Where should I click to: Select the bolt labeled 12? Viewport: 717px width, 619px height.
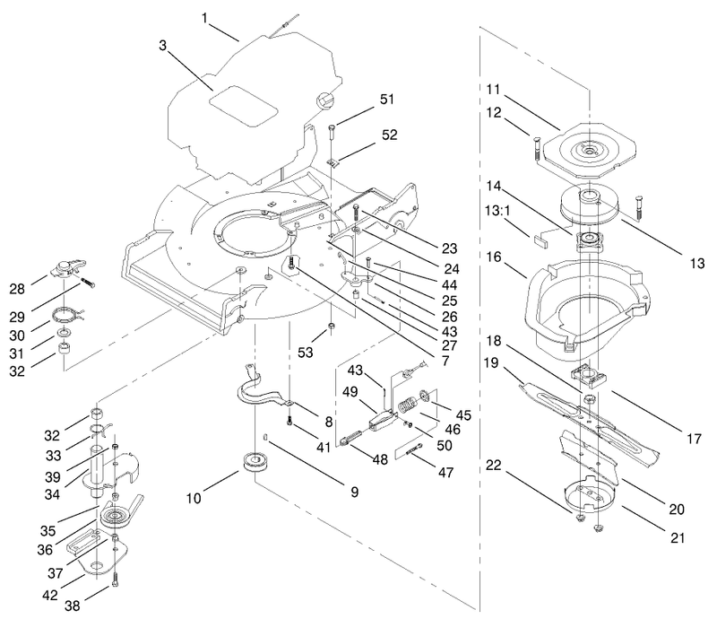click(x=535, y=148)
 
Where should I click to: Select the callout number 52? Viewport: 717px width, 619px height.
click(x=389, y=135)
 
